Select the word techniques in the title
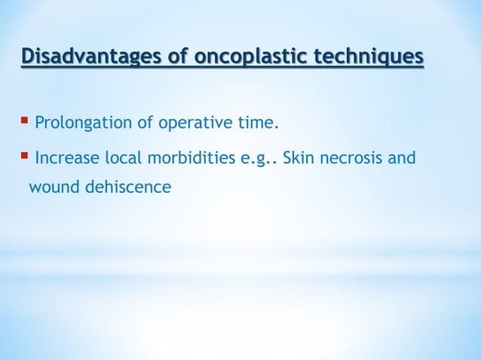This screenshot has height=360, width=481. [370, 57]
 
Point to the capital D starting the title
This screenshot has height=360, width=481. [28, 57]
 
